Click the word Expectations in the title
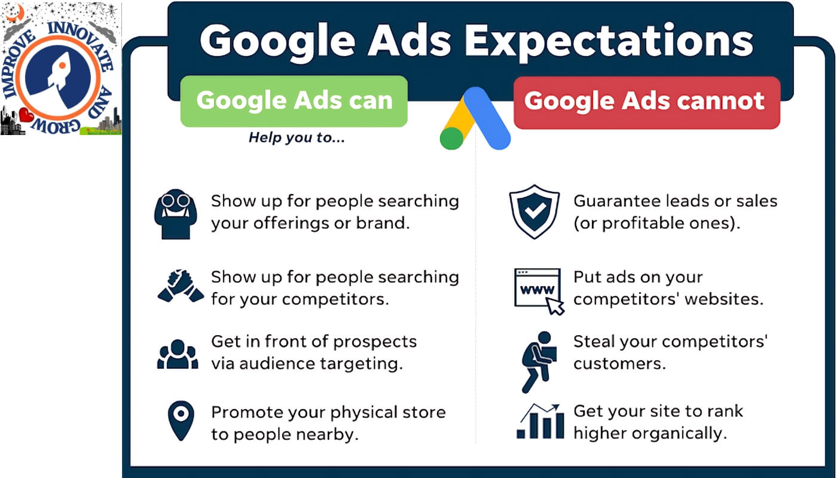click(x=609, y=42)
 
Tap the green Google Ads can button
click(x=294, y=101)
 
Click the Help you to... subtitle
click(x=297, y=138)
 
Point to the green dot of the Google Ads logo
click(x=451, y=138)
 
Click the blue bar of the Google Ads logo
click(x=487, y=118)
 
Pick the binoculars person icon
click(x=176, y=214)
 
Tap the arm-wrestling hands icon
click(x=181, y=286)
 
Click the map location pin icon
click(x=181, y=420)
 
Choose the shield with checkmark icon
click(x=534, y=212)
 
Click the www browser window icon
click(x=539, y=291)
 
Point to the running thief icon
click(x=539, y=361)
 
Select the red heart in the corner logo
click(x=26, y=115)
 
